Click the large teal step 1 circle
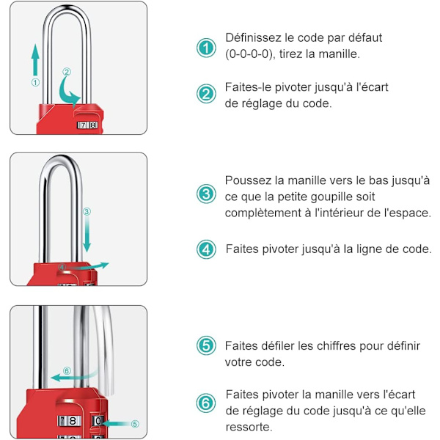pos(206,48)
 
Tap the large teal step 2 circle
pos(206,94)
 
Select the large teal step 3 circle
pos(206,194)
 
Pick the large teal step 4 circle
pos(206,249)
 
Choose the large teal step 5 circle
pos(206,345)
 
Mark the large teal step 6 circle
pos(206,403)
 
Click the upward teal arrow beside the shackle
pos(35,60)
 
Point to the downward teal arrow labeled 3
pos(87,234)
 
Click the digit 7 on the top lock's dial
pos(84,125)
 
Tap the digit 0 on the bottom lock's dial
pos(98,421)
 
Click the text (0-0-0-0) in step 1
pos(249,54)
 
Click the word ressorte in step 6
pos(249,427)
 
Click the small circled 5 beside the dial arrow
pos(135,424)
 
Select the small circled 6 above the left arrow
pos(67,371)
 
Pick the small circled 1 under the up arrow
pos(35,82)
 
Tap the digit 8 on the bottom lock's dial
pos(73,421)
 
